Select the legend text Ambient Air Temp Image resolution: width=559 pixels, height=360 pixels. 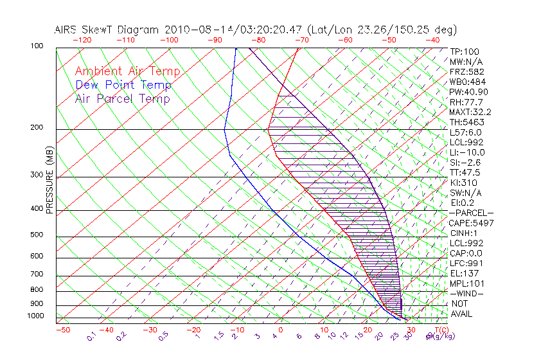(x=127, y=71)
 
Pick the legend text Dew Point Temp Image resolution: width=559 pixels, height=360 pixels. (x=123, y=85)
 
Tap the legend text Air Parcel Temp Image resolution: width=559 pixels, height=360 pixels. (x=122, y=98)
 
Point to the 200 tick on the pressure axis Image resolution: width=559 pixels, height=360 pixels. (x=37, y=128)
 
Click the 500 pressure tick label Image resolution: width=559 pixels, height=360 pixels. (x=37, y=235)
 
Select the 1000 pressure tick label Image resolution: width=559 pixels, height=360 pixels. (x=35, y=316)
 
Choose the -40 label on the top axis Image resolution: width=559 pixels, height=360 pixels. (x=432, y=40)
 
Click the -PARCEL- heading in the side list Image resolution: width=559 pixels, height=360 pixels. (x=471, y=213)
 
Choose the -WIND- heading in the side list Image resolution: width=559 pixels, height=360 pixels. (x=467, y=293)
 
